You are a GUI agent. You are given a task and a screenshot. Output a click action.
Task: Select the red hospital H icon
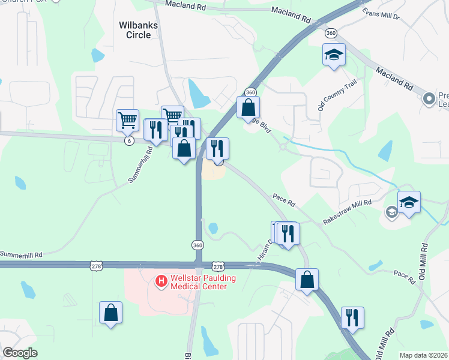pyautogui.click(x=161, y=280)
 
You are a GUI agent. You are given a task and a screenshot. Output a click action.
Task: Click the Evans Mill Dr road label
pyautogui.click(x=380, y=13)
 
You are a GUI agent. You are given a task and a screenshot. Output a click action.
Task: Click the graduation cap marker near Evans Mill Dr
pyautogui.click(x=334, y=56)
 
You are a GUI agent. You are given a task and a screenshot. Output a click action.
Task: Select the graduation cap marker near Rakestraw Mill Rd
pyautogui.click(x=409, y=203)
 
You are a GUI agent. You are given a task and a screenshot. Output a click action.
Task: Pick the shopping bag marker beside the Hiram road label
pyautogui.click(x=307, y=280)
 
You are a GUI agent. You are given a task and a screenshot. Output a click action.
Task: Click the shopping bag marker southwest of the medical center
pyautogui.click(x=110, y=313)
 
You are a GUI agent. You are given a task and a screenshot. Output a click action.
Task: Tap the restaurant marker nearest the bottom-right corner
pyautogui.click(x=352, y=317)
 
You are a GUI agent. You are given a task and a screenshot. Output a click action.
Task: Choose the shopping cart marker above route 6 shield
pyautogui.click(x=127, y=121)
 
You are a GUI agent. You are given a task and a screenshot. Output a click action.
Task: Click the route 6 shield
pyautogui.click(x=128, y=141)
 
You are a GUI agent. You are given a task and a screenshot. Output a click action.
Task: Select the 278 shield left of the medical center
pyautogui.click(x=95, y=266)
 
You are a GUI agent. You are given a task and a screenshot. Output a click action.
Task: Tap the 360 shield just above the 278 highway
pyautogui.click(x=197, y=245)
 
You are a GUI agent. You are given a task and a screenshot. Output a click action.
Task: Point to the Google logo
pyautogui.click(x=20, y=353)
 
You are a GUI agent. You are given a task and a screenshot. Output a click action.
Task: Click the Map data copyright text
pyautogui.click(x=424, y=355)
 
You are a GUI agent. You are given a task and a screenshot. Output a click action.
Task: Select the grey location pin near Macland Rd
pyautogui.click(x=429, y=98)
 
